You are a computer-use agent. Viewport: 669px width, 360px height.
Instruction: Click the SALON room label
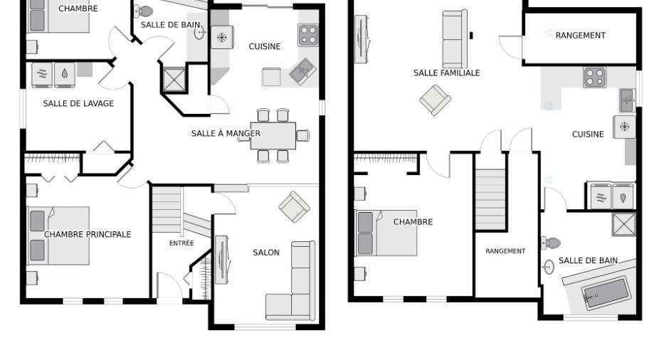pyautogui.click(x=266, y=253)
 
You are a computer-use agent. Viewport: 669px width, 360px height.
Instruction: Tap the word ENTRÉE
pyautogui.click(x=181, y=243)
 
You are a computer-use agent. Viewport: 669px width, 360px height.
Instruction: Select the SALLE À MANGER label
pyautogui.click(x=226, y=134)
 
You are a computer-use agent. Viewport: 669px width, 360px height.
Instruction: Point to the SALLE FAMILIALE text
pyautogui.click(x=446, y=73)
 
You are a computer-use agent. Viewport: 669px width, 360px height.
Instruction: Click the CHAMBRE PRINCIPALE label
pyautogui.click(x=88, y=234)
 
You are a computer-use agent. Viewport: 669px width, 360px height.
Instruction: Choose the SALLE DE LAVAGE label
pyautogui.click(x=78, y=103)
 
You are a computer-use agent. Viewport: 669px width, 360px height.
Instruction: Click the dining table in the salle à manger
pyautogui.click(x=273, y=136)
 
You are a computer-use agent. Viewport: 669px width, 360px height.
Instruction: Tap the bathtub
pyautogui.click(x=606, y=293)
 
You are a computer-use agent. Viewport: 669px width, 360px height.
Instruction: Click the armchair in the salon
pyautogui.click(x=295, y=207)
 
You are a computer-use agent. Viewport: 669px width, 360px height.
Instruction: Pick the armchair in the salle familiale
pyautogui.click(x=435, y=100)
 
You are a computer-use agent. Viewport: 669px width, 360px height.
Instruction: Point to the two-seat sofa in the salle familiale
pyautogui.click(x=455, y=39)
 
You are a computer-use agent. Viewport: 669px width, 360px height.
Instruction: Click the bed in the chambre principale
pyautogui.click(x=58, y=236)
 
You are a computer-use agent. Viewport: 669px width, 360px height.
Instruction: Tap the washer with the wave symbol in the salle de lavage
pyautogui.click(x=42, y=75)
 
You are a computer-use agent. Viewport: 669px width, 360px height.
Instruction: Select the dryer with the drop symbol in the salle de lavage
pyautogui.click(x=65, y=75)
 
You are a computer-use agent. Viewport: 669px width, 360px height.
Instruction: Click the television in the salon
pyautogui.click(x=221, y=260)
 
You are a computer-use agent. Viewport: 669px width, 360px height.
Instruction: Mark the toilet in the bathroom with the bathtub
pyautogui.click(x=551, y=243)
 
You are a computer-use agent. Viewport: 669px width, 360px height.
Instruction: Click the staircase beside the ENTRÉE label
pyautogui.click(x=167, y=210)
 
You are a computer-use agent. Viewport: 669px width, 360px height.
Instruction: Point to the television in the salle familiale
pyautogui.click(x=362, y=39)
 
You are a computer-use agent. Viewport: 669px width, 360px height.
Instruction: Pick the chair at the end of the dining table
pyautogui.click(x=303, y=135)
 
